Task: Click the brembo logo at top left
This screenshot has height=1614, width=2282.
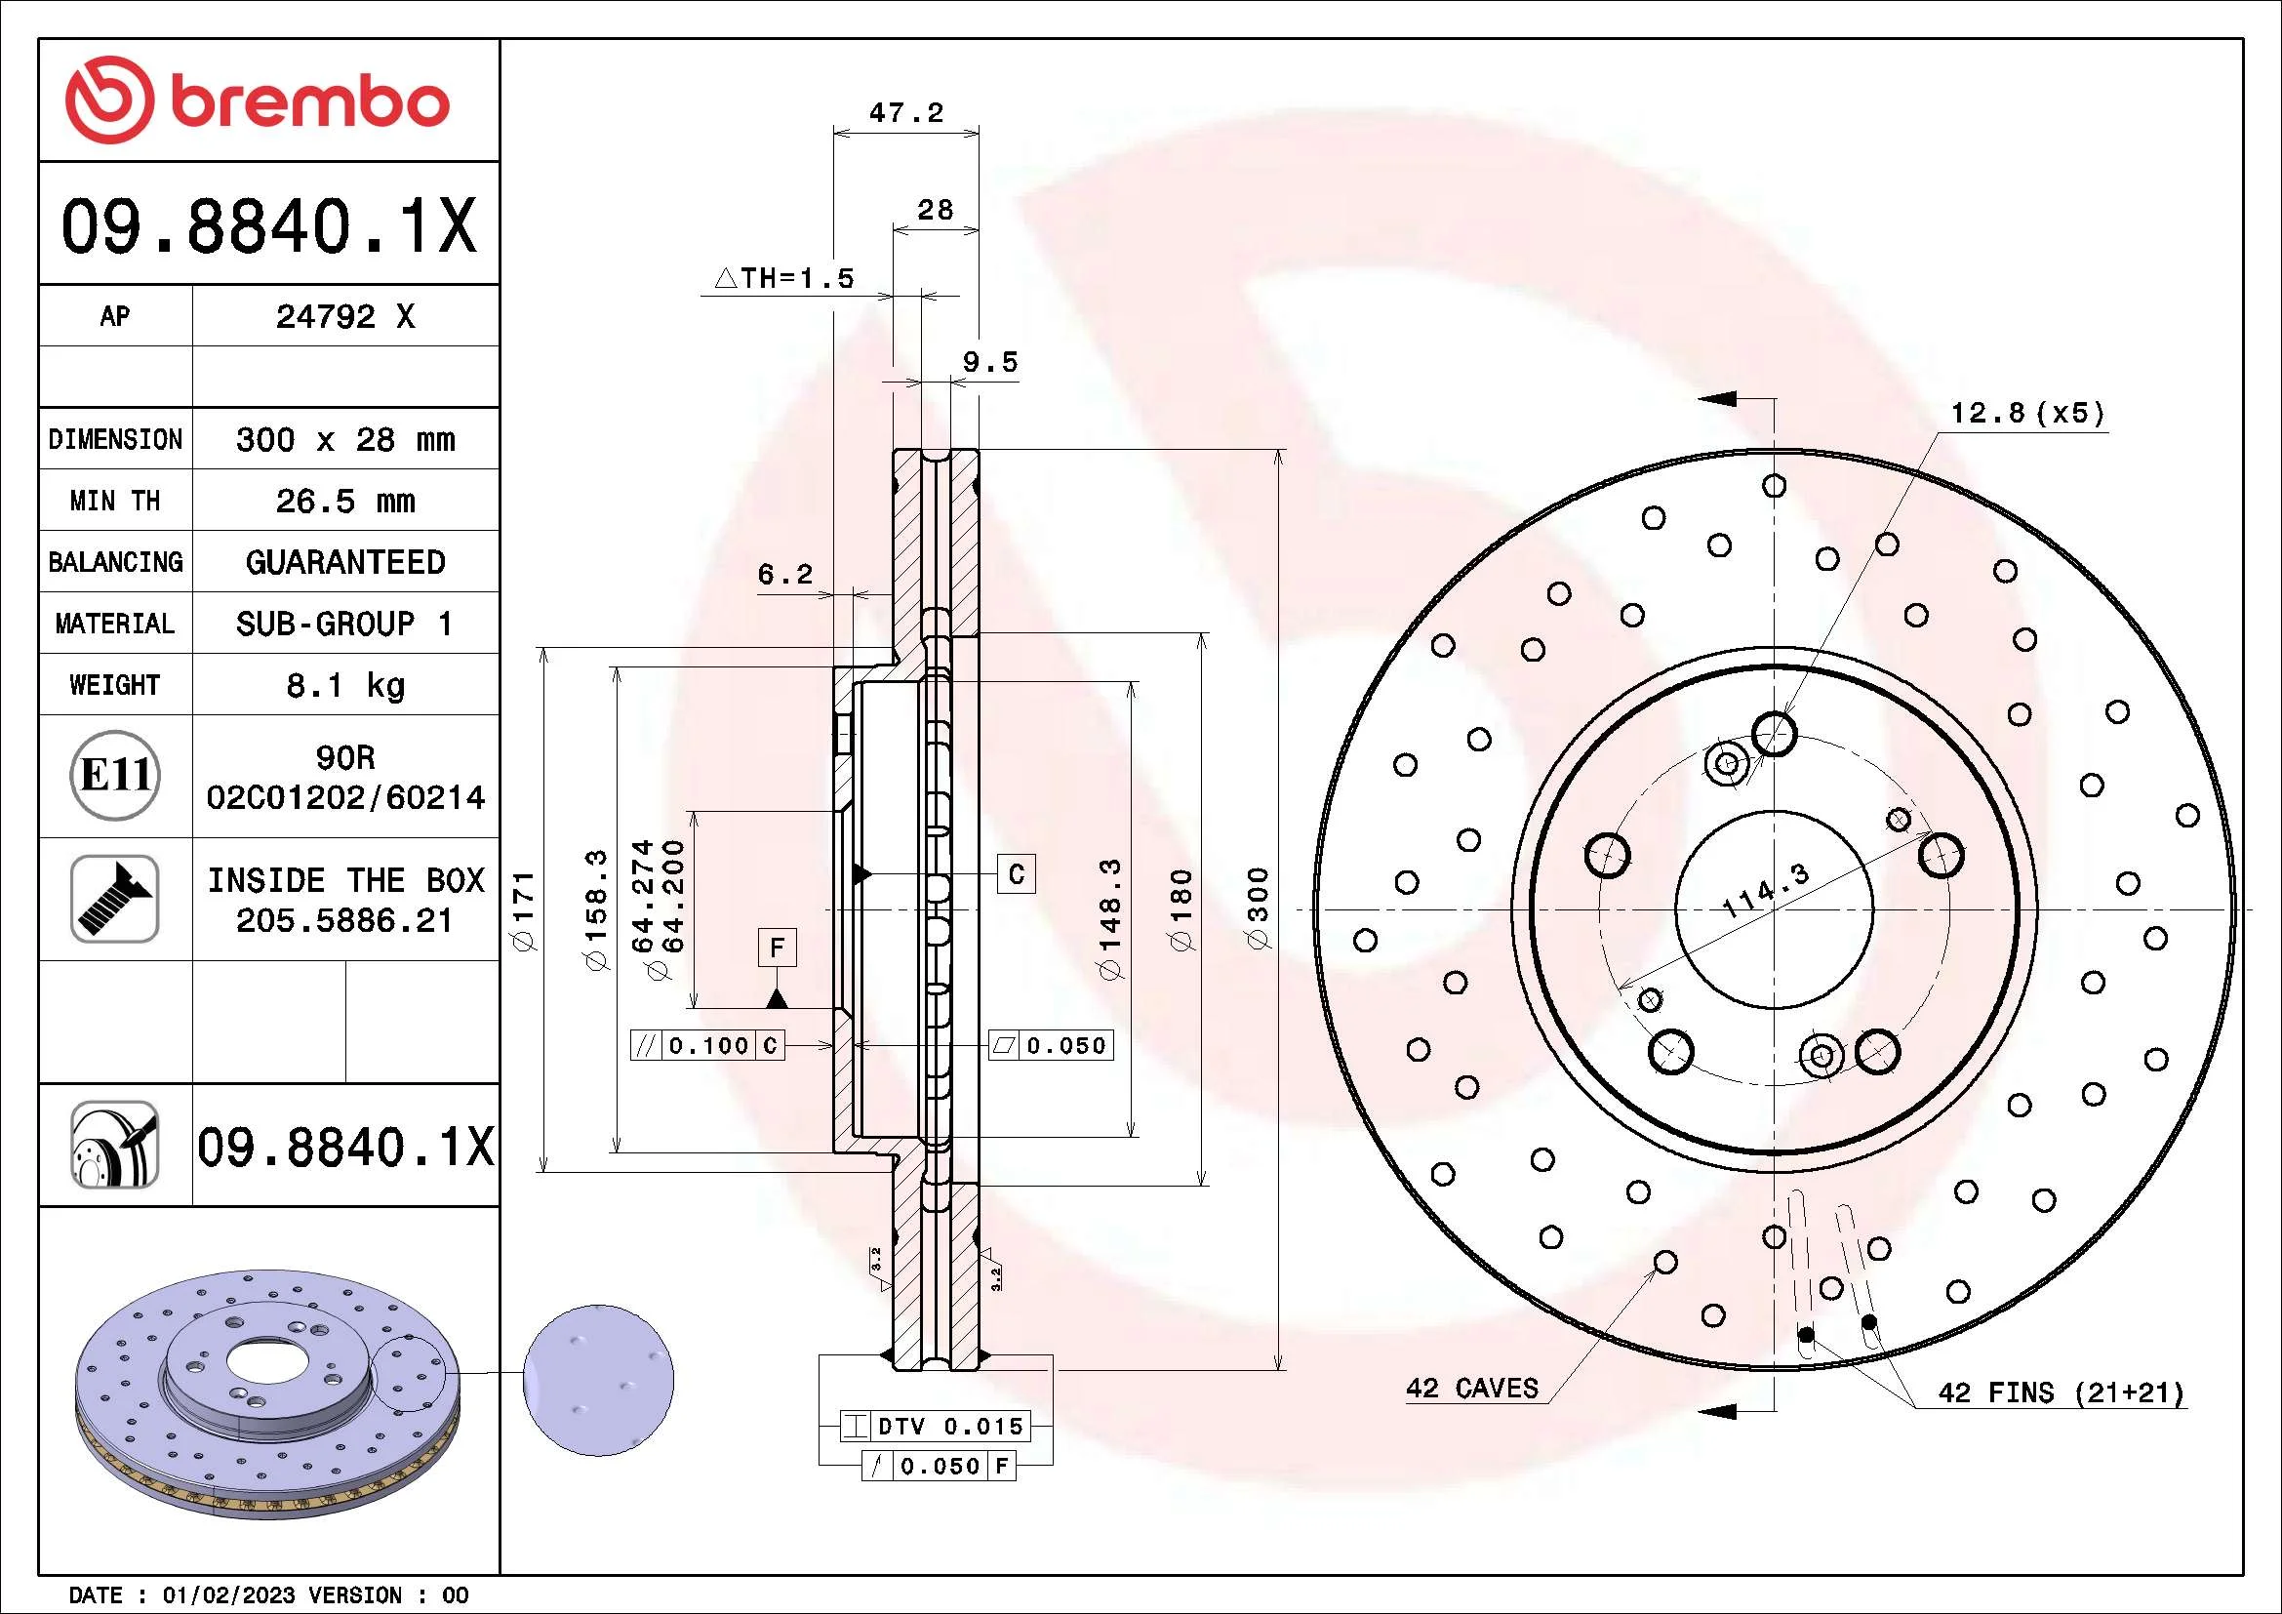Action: (x=258, y=101)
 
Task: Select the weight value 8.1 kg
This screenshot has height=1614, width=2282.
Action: (x=344, y=685)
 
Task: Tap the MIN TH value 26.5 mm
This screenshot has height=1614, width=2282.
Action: (x=344, y=500)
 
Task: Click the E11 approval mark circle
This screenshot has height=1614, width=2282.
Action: (x=116, y=775)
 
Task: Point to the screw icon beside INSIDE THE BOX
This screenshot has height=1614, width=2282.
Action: (x=115, y=899)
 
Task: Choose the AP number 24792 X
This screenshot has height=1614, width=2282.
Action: (x=344, y=316)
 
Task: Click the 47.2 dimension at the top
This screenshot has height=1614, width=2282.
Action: (x=905, y=112)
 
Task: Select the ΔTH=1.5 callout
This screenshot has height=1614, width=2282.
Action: (x=785, y=278)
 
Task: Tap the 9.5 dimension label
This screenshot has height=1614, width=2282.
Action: (x=990, y=362)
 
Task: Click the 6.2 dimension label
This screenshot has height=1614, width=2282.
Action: (x=785, y=574)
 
